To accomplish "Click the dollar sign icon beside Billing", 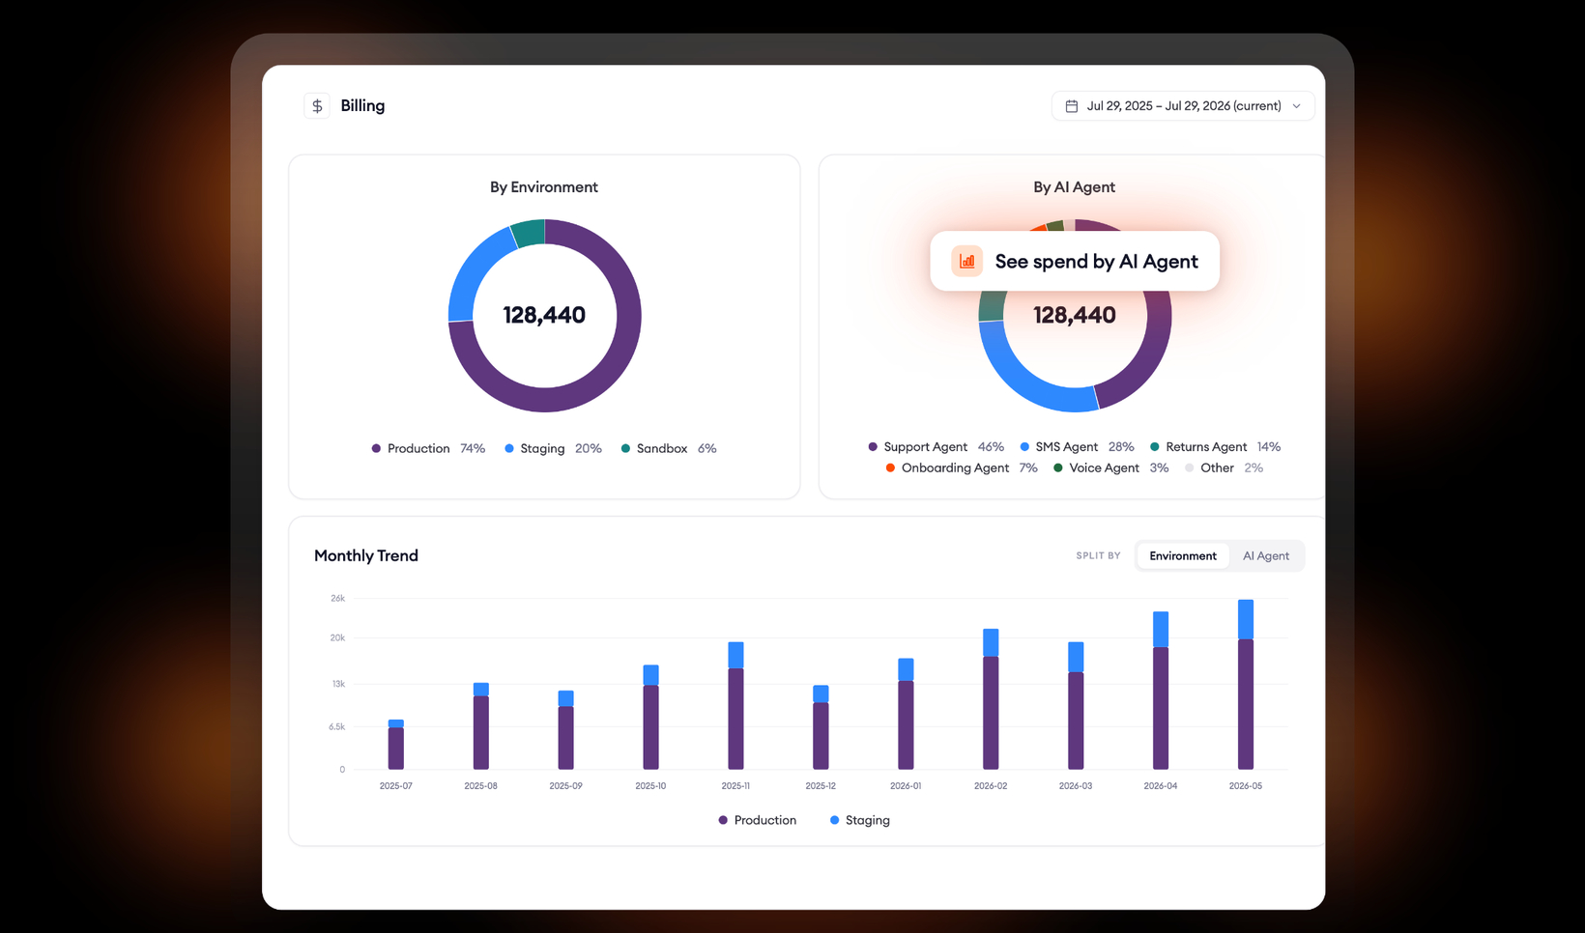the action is [x=317, y=106].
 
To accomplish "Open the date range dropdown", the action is [x=1182, y=106].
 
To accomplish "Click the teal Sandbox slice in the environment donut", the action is [x=528, y=233].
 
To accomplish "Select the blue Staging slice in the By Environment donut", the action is [x=475, y=272].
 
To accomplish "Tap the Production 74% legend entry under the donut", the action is [x=429, y=448].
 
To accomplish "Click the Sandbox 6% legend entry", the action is [x=669, y=448].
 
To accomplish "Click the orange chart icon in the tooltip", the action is [x=966, y=261].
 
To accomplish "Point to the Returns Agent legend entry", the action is [x=1215, y=447].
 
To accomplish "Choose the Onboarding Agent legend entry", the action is [x=962, y=468].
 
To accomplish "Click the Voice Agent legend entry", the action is [x=1110, y=468].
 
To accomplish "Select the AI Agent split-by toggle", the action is [x=1266, y=556].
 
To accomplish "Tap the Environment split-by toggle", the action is [x=1182, y=556].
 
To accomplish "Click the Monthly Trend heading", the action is [x=366, y=556].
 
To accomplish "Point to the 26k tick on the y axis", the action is [x=337, y=599].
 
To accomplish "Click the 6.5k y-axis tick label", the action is [x=336, y=727].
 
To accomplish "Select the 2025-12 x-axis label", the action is [x=821, y=786].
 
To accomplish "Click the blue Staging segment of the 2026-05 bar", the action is [x=1246, y=620].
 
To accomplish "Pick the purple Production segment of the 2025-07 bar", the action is [x=396, y=749].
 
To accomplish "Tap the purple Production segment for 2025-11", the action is [x=735, y=719].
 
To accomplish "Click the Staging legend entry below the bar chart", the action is [x=860, y=821].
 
